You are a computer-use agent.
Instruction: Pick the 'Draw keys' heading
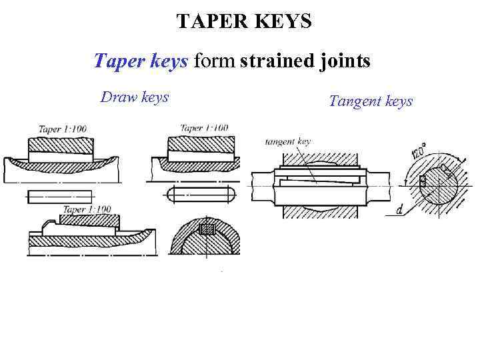(135, 97)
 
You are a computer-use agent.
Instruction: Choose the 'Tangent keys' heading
(371, 101)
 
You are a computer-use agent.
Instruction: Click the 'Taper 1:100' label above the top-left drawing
(62, 129)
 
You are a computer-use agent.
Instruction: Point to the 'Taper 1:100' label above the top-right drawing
(204, 128)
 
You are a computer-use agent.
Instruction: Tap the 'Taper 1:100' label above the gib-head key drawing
(87, 209)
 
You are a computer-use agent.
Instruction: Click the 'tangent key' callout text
(288, 141)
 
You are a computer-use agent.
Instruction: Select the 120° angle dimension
(418, 150)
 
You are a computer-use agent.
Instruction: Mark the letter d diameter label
(399, 211)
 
